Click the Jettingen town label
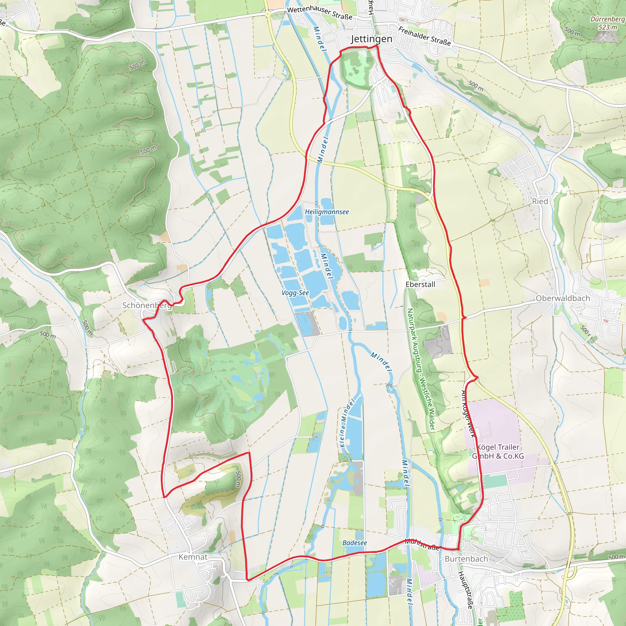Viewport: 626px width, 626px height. [371, 39]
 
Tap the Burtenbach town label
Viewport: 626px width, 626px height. [466, 559]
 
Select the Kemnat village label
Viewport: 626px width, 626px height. [193, 557]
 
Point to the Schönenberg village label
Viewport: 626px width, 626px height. [147, 305]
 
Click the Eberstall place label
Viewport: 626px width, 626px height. [420, 285]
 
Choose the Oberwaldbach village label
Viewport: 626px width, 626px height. [563, 298]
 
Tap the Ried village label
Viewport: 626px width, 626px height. [540, 201]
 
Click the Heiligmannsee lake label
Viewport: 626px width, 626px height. [327, 212]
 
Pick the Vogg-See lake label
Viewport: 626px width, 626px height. [295, 293]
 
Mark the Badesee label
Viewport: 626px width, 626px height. [355, 543]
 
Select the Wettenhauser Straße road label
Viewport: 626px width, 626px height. [319, 13]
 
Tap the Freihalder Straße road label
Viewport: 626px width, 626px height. [425, 36]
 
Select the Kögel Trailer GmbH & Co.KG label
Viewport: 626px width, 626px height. [498, 451]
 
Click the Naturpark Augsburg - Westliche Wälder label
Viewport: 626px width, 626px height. [421, 369]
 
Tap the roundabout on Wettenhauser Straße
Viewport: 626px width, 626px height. [268, 14]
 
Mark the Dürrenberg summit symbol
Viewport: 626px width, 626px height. [603, 37]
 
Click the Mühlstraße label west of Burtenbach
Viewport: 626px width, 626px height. [422, 545]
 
